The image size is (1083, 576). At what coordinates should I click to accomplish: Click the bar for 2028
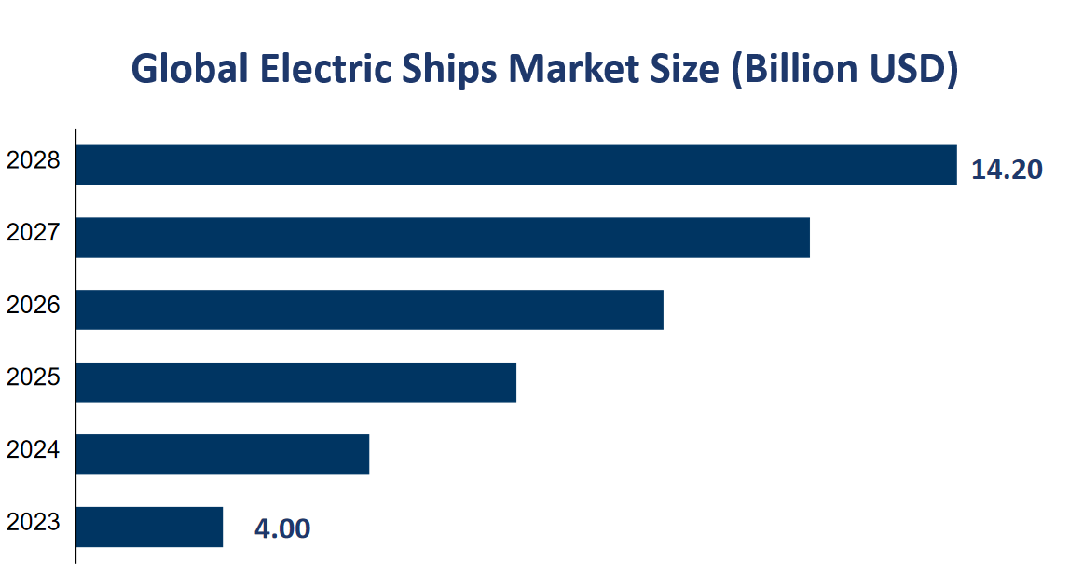pyautogui.click(x=515, y=165)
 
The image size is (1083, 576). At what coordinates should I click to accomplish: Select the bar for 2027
pyautogui.click(x=443, y=238)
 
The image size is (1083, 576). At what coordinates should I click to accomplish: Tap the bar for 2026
pyautogui.click(x=369, y=309)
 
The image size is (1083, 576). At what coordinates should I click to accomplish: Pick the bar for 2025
pyautogui.click(x=295, y=382)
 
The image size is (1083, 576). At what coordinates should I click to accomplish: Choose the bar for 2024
pyautogui.click(x=222, y=454)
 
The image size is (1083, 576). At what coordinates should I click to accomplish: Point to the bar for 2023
pyautogui.click(x=149, y=527)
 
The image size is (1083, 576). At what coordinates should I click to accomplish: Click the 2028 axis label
pyautogui.click(x=34, y=160)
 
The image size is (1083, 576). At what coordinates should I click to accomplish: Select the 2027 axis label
pyautogui.click(x=34, y=232)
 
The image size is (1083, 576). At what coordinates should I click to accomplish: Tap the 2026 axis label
pyautogui.click(x=34, y=305)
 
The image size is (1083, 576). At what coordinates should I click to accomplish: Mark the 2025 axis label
pyautogui.click(x=34, y=377)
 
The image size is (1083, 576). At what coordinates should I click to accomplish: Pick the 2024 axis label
pyautogui.click(x=34, y=449)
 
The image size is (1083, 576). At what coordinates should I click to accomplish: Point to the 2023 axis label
pyautogui.click(x=34, y=522)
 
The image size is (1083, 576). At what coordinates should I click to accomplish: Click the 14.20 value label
pyautogui.click(x=1007, y=170)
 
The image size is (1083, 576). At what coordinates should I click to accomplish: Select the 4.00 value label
pyautogui.click(x=282, y=528)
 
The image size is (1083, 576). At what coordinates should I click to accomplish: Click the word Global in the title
pyautogui.click(x=189, y=70)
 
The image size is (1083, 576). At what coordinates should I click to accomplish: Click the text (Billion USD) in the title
pyautogui.click(x=844, y=72)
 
